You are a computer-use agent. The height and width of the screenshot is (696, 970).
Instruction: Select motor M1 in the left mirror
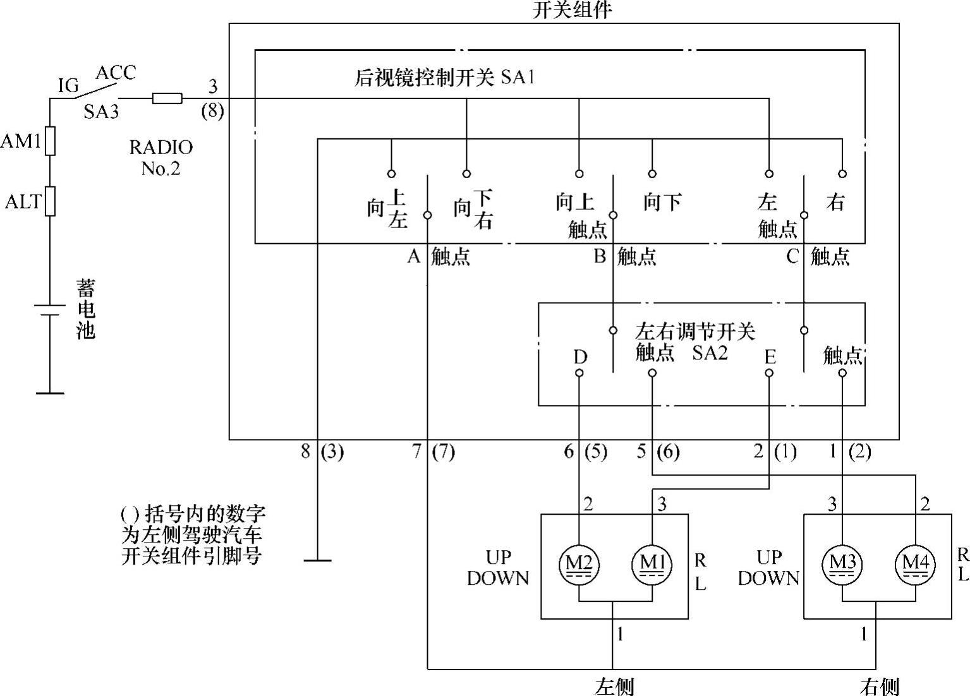pyautogui.click(x=652, y=562)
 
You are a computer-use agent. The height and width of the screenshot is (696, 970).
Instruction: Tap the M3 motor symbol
pyautogui.click(x=842, y=562)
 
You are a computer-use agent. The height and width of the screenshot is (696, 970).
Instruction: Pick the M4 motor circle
pyautogui.click(x=915, y=562)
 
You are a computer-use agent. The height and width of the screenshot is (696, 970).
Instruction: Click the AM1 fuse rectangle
pyautogui.click(x=50, y=141)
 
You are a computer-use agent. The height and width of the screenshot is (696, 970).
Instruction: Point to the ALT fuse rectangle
pyautogui.click(x=50, y=201)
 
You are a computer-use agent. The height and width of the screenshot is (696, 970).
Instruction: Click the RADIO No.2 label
pyautogui.click(x=161, y=157)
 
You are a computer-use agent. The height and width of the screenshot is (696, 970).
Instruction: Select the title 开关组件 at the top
pyautogui.click(x=572, y=9)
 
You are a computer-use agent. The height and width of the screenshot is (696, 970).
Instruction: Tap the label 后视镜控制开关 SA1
pyautogui.click(x=445, y=78)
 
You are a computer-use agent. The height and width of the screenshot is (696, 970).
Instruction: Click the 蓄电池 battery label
pyautogui.click(x=85, y=309)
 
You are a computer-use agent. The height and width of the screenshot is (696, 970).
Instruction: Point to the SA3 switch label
pyautogui.click(x=101, y=112)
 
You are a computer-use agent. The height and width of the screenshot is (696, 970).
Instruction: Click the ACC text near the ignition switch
pyautogui.click(x=116, y=73)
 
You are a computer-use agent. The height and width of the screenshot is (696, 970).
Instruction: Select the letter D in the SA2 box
pyautogui.click(x=580, y=357)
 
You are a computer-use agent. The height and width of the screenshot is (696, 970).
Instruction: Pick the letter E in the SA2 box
pyautogui.click(x=770, y=357)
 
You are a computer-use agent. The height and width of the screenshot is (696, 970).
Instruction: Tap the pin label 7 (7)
pyautogui.click(x=433, y=452)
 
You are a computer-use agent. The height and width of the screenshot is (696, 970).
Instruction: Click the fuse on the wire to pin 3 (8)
pyautogui.click(x=167, y=99)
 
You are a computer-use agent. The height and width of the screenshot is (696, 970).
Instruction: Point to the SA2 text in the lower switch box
pyautogui.click(x=710, y=352)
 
